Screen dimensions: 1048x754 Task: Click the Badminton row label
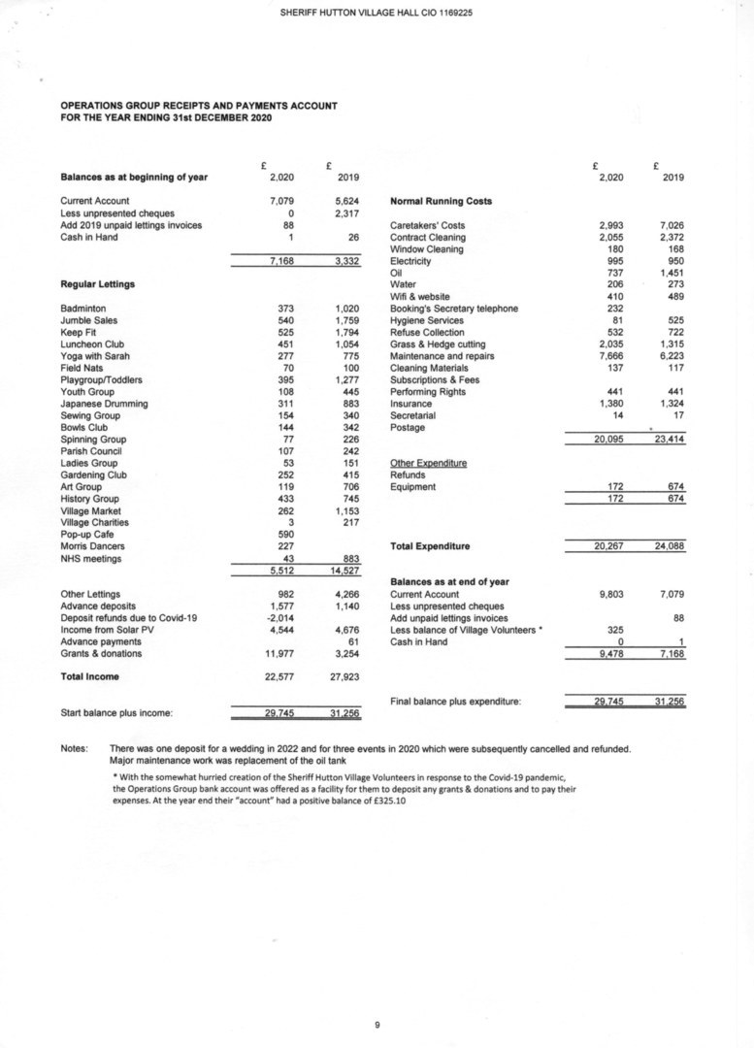(83, 309)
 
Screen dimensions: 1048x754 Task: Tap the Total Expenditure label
(430, 546)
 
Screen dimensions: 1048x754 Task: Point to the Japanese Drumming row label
(104, 404)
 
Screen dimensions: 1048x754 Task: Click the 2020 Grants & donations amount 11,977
(279, 653)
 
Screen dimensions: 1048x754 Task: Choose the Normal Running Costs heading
(441, 202)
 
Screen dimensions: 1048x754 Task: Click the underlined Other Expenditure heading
(428, 463)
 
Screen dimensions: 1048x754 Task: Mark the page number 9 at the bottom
(377, 1023)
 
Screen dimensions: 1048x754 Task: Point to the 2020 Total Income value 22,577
(279, 676)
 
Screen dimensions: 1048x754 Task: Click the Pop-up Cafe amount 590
(285, 535)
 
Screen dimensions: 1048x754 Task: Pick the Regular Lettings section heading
(97, 284)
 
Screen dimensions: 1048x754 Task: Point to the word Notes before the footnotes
(75, 748)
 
